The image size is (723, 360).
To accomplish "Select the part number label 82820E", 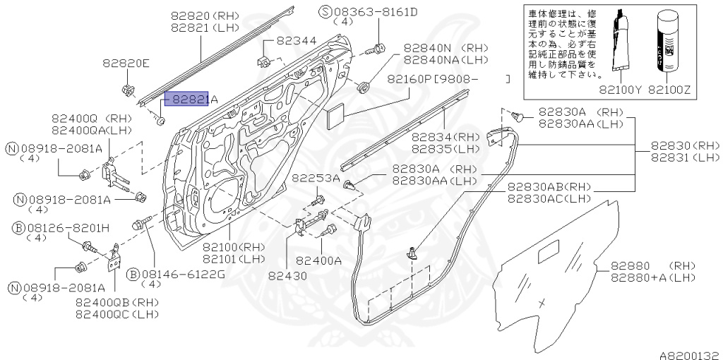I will (126, 64).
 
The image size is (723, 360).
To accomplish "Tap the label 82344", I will (296, 41).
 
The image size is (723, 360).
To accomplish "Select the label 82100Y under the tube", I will (619, 90).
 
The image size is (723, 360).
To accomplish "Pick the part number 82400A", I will (318, 260).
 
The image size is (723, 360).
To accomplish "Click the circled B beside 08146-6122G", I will (133, 274).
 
